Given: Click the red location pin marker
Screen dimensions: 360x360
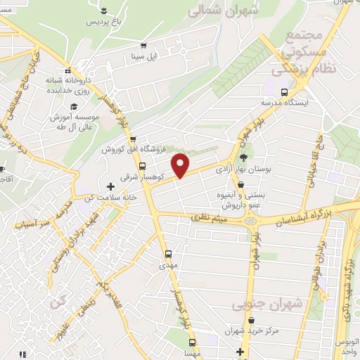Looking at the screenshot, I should tap(181, 165).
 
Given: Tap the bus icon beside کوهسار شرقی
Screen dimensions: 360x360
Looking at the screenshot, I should tap(143, 167).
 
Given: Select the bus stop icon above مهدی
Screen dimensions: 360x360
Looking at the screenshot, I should tap(167, 255).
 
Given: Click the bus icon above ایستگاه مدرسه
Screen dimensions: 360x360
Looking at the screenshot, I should tap(284, 92).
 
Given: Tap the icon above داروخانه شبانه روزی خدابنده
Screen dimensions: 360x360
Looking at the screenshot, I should tap(68, 71).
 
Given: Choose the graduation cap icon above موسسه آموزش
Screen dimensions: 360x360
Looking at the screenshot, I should tap(73, 105).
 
